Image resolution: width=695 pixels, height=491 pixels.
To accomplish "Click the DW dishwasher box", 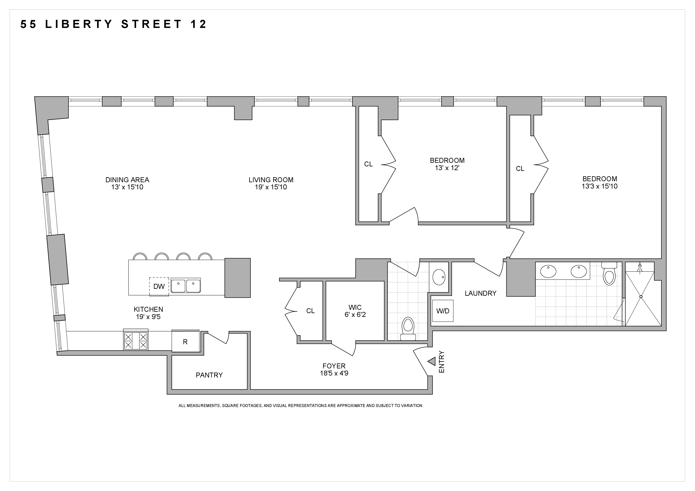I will [x=159, y=286].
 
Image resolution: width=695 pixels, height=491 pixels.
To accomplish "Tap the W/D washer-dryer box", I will [x=443, y=311].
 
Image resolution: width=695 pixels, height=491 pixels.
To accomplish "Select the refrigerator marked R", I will [x=185, y=341].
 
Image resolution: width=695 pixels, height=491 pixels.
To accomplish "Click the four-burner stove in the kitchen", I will [x=136, y=341].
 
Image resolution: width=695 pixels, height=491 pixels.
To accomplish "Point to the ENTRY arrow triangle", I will [x=432, y=361].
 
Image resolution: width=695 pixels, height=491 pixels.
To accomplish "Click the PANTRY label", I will [x=209, y=375].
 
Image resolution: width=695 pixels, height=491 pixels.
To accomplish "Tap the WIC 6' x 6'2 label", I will [x=355, y=311].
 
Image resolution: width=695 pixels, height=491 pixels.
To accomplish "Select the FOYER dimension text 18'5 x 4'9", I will [x=334, y=373].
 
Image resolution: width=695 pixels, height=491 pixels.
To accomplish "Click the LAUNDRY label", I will [x=480, y=293].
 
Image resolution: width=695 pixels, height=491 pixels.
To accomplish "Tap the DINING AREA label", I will [x=127, y=180].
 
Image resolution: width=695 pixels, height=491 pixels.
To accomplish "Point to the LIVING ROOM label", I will [x=271, y=180].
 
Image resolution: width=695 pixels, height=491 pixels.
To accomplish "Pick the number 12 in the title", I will [x=199, y=24].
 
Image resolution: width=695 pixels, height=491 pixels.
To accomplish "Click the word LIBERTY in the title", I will [x=79, y=24].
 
